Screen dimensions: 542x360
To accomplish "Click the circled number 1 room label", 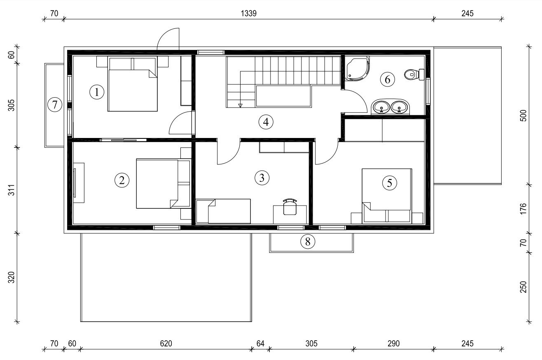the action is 97,92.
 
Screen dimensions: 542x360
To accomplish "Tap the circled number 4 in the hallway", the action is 266,122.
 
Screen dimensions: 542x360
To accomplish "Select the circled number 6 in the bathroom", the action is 388,79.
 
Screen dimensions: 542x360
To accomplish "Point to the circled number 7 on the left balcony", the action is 55,105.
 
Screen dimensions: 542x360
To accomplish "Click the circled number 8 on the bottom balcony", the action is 308,241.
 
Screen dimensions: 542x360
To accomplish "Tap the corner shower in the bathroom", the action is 357,68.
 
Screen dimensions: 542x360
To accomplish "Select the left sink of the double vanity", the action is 381,107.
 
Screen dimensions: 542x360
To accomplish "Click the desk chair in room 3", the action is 290,207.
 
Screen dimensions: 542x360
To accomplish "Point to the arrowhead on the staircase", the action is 240,105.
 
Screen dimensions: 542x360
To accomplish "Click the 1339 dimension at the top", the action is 248,13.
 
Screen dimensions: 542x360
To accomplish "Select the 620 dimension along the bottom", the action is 166,344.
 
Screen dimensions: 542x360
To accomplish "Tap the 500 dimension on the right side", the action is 523,116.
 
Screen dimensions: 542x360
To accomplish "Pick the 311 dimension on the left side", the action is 12,190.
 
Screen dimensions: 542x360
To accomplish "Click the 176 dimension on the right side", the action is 523,208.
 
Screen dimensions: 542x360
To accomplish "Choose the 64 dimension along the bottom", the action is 260,344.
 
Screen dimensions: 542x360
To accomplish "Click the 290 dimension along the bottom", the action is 393,344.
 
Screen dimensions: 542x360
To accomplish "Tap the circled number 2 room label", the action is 122,180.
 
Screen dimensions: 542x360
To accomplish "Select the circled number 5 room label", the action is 389,183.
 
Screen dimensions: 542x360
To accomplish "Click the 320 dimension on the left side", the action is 12,277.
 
